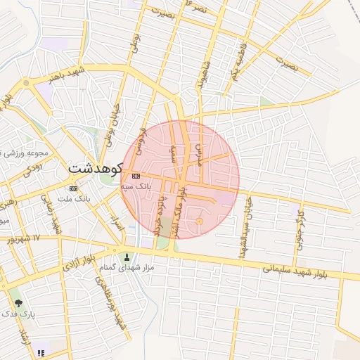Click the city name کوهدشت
(96, 169)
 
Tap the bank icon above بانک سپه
(136, 176)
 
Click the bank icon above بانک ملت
(73, 188)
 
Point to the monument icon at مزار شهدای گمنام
(127, 257)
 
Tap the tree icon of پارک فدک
(18, 304)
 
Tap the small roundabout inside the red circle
(199, 221)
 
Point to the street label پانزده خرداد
(157, 215)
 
